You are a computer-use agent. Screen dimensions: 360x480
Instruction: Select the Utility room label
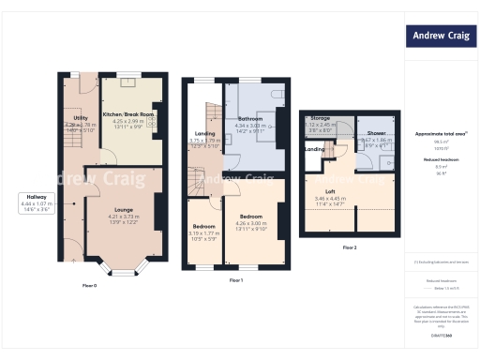pyautogui.click(x=81, y=119)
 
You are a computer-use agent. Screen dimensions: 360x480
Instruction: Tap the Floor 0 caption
pyautogui.click(x=90, y=284)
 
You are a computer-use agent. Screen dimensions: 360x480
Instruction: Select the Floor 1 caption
pyautogui.click(x=236, y=280)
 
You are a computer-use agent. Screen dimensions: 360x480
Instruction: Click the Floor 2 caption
pyautogui.click(x=349, y=247)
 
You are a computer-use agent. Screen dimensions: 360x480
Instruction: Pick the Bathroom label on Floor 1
pyautogui.click(x=249, y=120)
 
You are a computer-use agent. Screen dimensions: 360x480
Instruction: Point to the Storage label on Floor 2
pyautogui.click(x=321, y=119)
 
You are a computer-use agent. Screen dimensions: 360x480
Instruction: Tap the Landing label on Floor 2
pyautogui.click(x=315, y=149)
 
